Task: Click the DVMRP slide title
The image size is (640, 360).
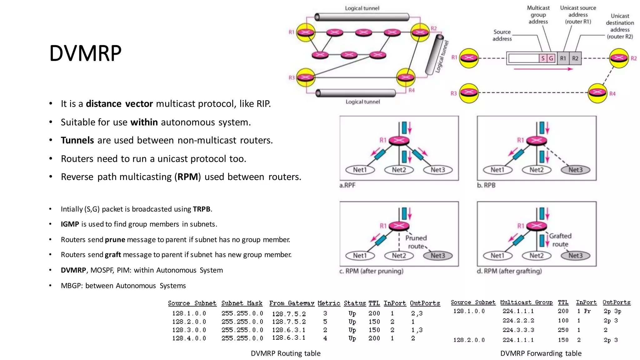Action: (85, 53)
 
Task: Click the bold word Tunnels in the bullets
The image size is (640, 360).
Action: (77, 140)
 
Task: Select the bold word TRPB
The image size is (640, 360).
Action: (202, 209)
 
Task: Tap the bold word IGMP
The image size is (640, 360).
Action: (70, 224)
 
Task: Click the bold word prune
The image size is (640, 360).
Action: (115, 240)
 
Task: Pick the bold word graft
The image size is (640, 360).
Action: (113, 255)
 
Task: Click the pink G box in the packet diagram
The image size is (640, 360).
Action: (551, 58)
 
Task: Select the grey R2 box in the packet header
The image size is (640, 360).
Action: (575, 58)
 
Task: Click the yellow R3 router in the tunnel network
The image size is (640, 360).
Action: (306, 77)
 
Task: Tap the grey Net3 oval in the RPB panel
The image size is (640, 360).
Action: (575, 170)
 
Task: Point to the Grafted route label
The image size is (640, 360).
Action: (560, 240)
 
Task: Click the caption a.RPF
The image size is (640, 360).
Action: (347, 185)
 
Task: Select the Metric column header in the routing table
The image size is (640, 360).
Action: (329, 303)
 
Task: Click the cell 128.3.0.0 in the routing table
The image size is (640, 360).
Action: (189, 330)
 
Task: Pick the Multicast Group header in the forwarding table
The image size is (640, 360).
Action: (526, 302)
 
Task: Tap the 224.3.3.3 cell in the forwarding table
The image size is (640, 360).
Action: (518, 330)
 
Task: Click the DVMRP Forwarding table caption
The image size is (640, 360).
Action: (541, 353)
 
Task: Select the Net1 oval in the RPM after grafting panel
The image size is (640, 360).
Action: (497, 256)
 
